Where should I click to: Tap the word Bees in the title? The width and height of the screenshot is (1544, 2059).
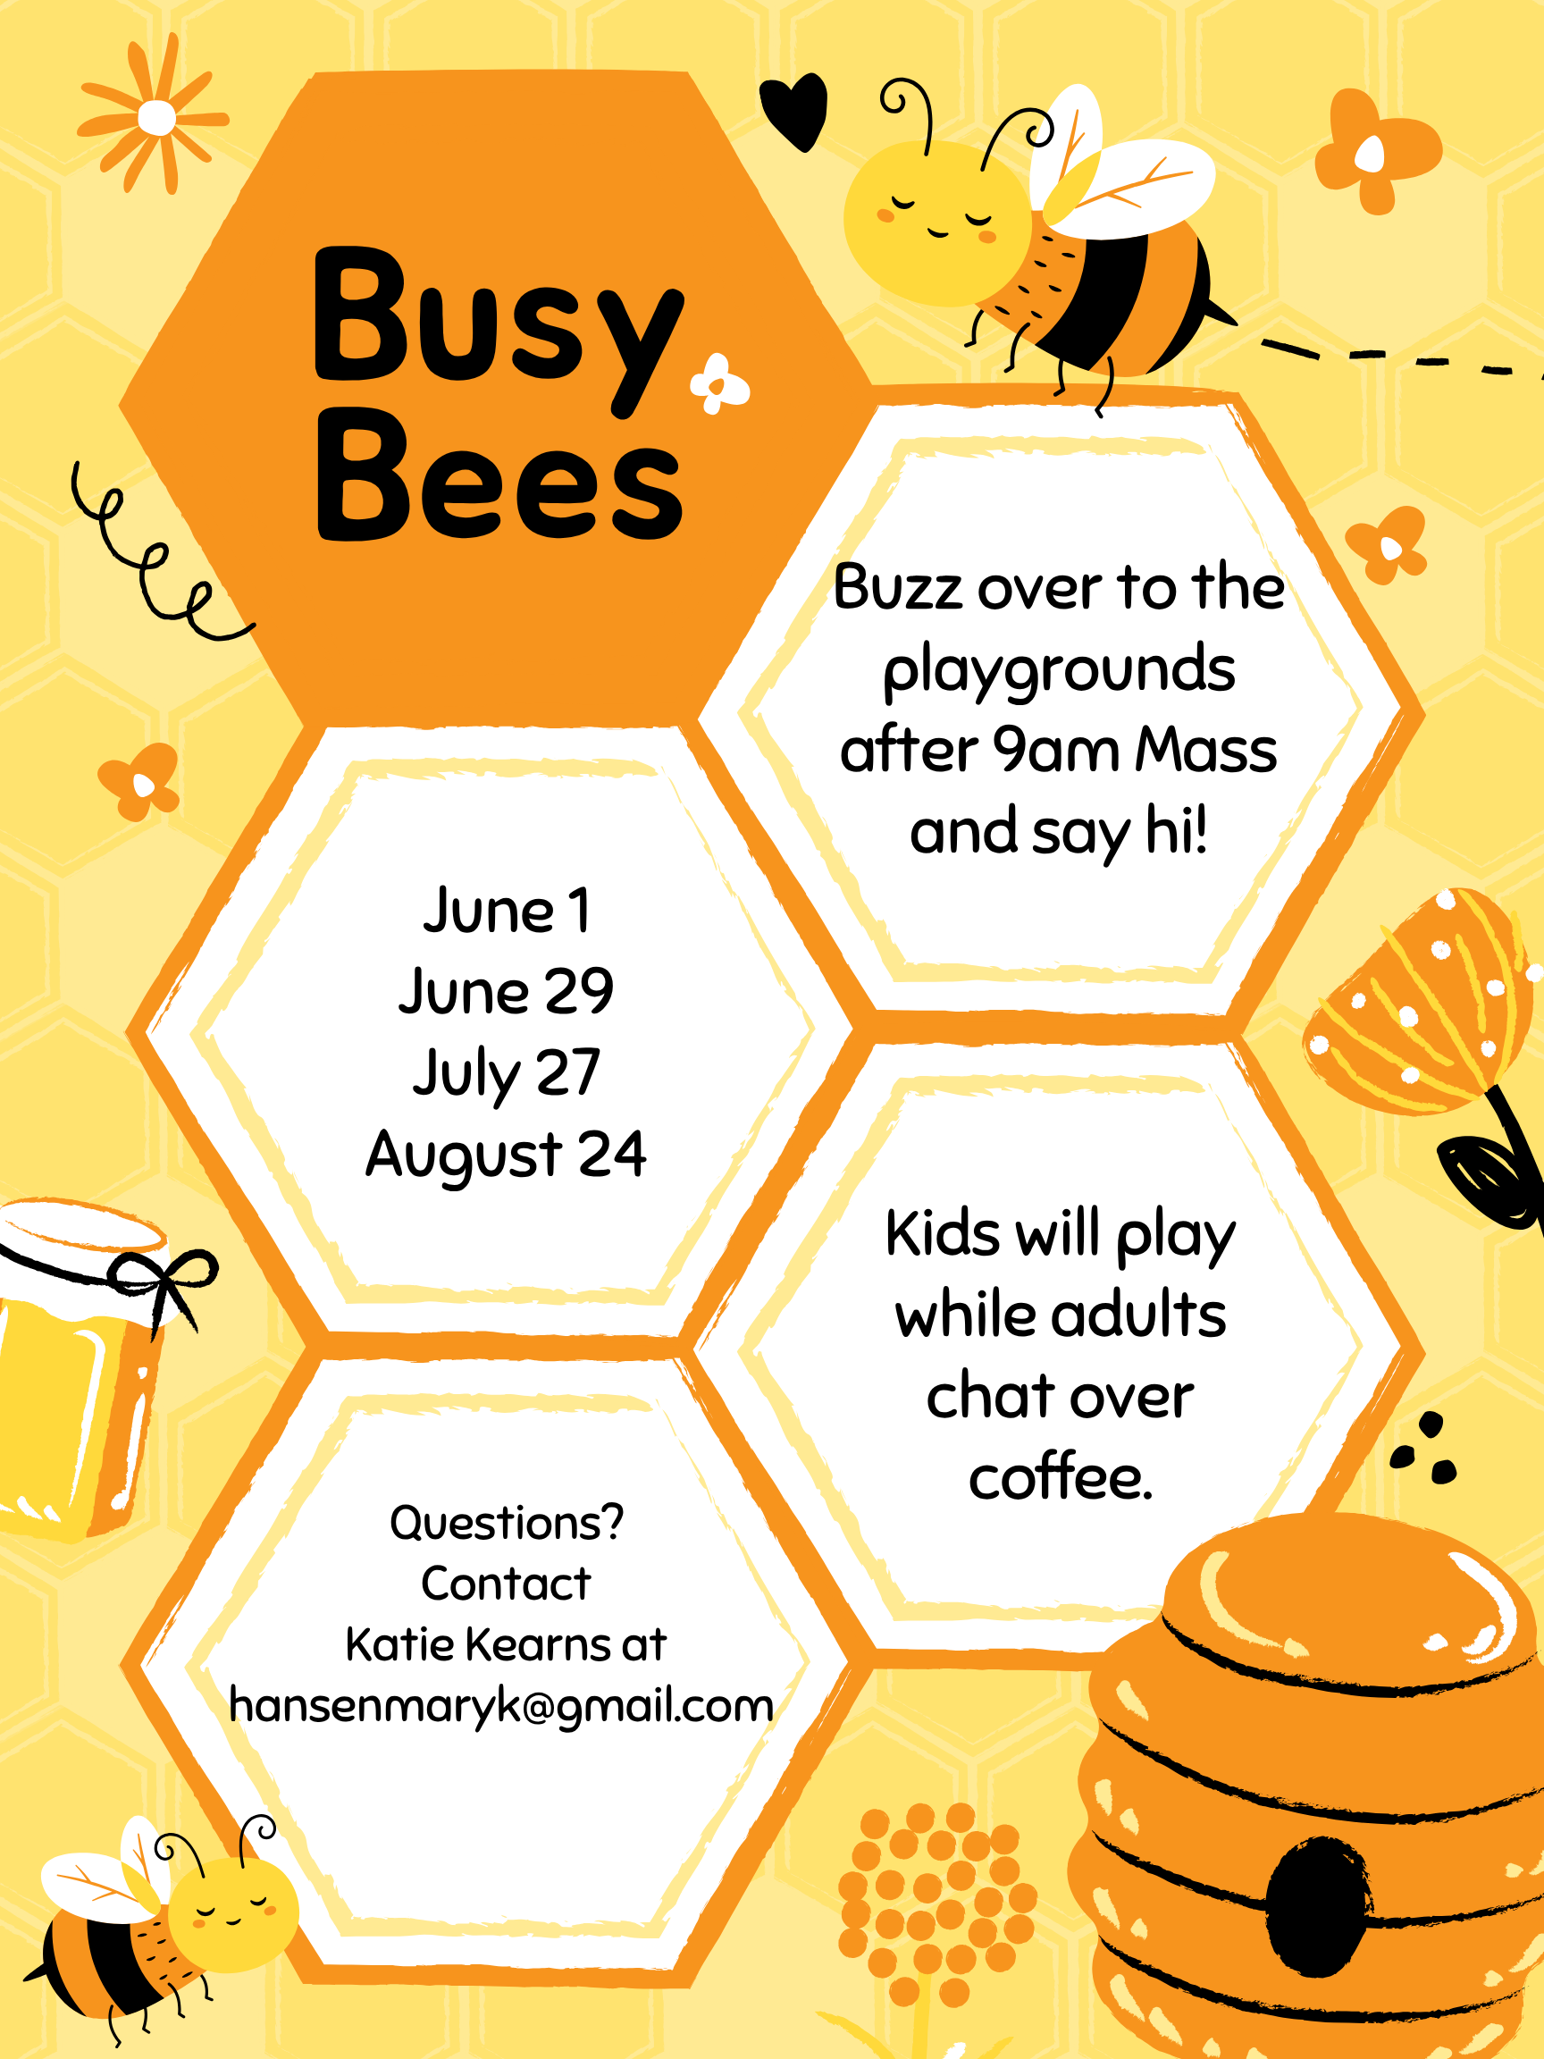(499, 475)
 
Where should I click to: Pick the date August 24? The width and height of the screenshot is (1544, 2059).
(506, 1155)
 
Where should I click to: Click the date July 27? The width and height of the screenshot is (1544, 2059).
(507, 1073)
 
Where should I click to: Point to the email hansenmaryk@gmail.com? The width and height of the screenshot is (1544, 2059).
(501, 1706)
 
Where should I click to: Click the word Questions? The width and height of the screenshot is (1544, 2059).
(507, 1523)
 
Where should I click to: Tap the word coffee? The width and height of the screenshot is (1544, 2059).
(1060, 1476)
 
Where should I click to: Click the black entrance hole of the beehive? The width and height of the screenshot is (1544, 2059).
(1319, 1905)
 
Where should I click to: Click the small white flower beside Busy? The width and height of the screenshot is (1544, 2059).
(718, 383)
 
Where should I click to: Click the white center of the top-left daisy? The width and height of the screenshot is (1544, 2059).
(156, 118)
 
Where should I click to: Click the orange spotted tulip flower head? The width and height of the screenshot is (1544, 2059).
(1419, 1001)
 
